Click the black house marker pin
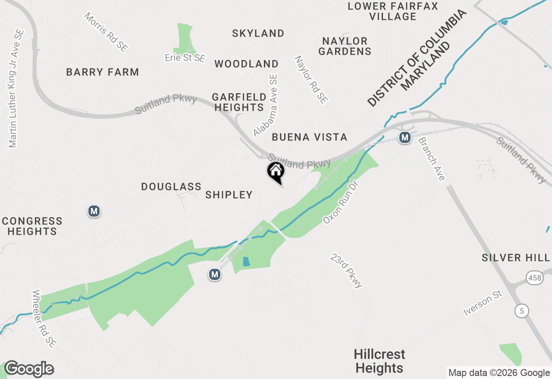276,172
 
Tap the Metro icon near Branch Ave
405,138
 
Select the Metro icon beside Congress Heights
94,211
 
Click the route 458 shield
534,278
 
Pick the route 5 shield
522,311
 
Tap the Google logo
29,369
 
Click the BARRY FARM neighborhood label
103,72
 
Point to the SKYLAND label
258,33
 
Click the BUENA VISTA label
310,137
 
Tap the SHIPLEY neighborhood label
229,195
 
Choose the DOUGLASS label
171,186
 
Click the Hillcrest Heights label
379,361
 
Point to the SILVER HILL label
516,258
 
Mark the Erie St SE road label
185,58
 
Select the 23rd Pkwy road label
347,270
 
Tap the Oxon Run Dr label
341,202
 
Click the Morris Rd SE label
106,32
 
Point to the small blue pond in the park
246,261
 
